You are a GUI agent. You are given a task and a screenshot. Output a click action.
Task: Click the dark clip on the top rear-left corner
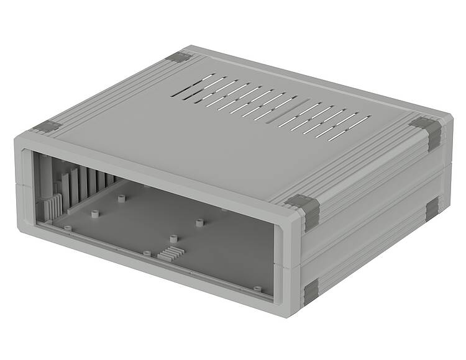pos(181,57)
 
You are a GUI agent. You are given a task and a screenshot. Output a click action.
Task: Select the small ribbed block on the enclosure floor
pos(169,253)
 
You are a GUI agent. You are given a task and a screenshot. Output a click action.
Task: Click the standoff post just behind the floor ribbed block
pos(174,238)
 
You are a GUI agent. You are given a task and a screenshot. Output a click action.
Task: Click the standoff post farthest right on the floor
pos(200,222)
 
